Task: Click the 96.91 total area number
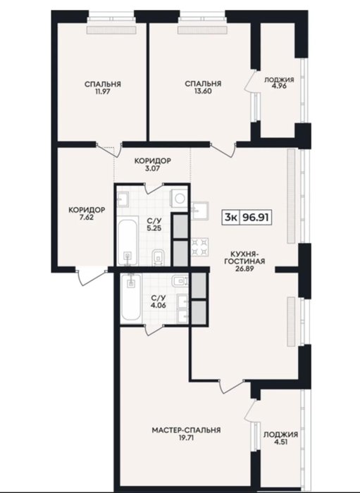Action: [x=255, y=217]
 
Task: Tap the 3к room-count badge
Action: [x=230, y=217]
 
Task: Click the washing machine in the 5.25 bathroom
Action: [x=179, y=199]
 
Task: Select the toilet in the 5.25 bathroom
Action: [x=158, y=258]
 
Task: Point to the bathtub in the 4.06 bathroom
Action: [x=131, y=297]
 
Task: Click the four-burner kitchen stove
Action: [x=200, y=247]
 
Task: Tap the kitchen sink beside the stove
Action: [x=200, y=210]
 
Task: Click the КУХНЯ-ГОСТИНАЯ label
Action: [x=244, y=257]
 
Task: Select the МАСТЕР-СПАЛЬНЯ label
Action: [x=186, y=430]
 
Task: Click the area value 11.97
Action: [x=102, y=92]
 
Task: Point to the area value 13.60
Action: [x=203, y=92]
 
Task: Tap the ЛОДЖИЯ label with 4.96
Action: [x=279, y=80]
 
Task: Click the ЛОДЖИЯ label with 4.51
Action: [x=280, y=435]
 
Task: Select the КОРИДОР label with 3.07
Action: [x=153, y=161]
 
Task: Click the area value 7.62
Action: [x=87, y=218]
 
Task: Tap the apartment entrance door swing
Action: [x=92, y=277]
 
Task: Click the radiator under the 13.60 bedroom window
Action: [x=202, y=30]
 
